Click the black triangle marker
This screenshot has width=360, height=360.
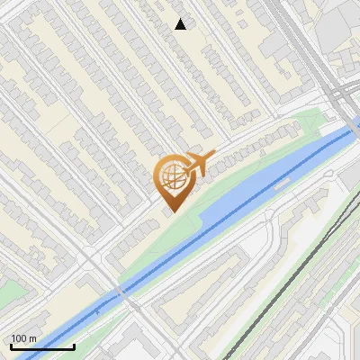(x=181, y=24)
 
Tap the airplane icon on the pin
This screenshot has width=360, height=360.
(x=197, y=163)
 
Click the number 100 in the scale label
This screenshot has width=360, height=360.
(x=19, y=338)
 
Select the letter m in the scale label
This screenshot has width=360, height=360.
(x=32, y=338)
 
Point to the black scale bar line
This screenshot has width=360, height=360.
(x=41, y=346)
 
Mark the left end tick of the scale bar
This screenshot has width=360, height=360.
(x=10, y=345)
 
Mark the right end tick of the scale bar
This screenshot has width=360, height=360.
(x=74, y=345)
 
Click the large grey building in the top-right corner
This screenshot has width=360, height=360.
(x=342, y=22)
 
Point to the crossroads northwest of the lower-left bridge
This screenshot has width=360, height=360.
(x=91, y=261)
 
